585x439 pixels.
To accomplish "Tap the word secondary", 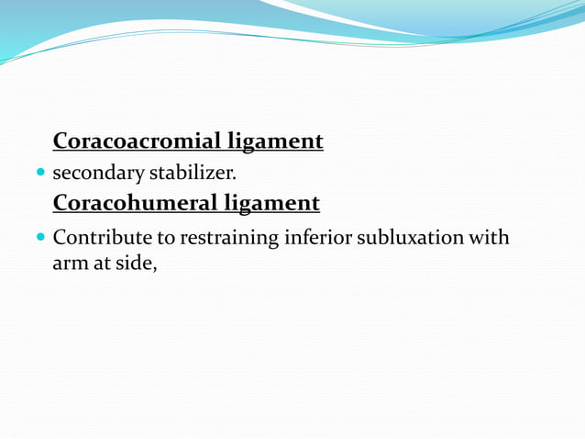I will click(97, 172).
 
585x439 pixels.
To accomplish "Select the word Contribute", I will click(103, 238).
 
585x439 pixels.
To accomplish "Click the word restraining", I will click(229, 238).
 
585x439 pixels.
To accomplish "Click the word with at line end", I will click(489, 238).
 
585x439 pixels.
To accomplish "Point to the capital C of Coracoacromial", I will click(61, 141).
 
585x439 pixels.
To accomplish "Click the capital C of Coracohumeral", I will click(61, 202).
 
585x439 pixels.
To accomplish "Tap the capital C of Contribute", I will click(60, 238).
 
